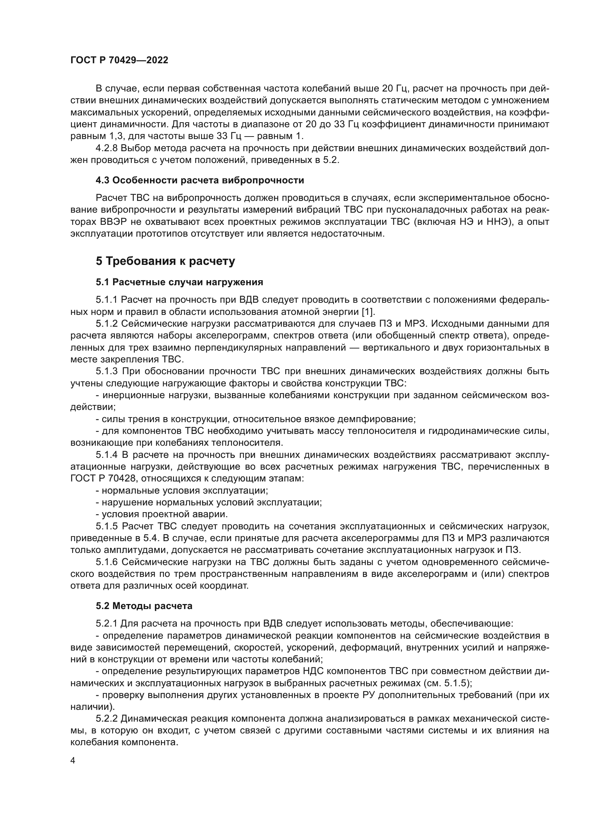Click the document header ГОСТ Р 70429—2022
[x=119, y=60]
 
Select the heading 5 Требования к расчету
[x=165, y=261]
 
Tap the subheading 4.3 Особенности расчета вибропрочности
[x=200, y=180]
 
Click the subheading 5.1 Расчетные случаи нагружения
[x=179, y=282]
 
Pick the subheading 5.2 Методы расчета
[x=144, y=606]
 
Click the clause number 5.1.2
[x=107, y=324]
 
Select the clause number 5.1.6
[x=107, y=562]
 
